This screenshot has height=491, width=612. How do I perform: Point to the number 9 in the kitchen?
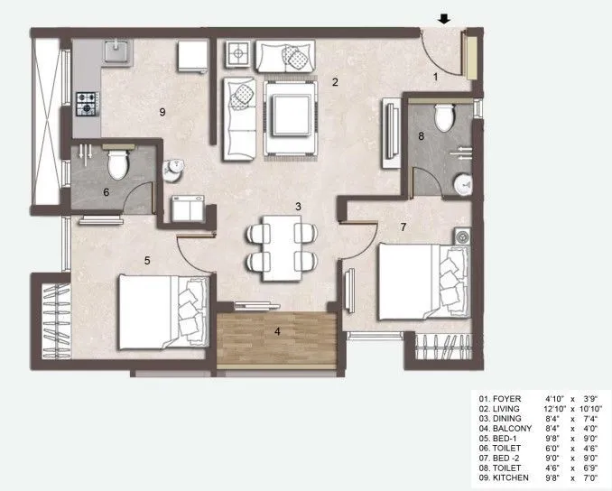pyautogui.click(x=162, y=112)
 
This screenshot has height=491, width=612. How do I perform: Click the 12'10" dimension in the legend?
pyautogui.click(x=557, y=408)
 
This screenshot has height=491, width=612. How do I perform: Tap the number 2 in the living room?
pyautogui.click(x=334, y=83)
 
